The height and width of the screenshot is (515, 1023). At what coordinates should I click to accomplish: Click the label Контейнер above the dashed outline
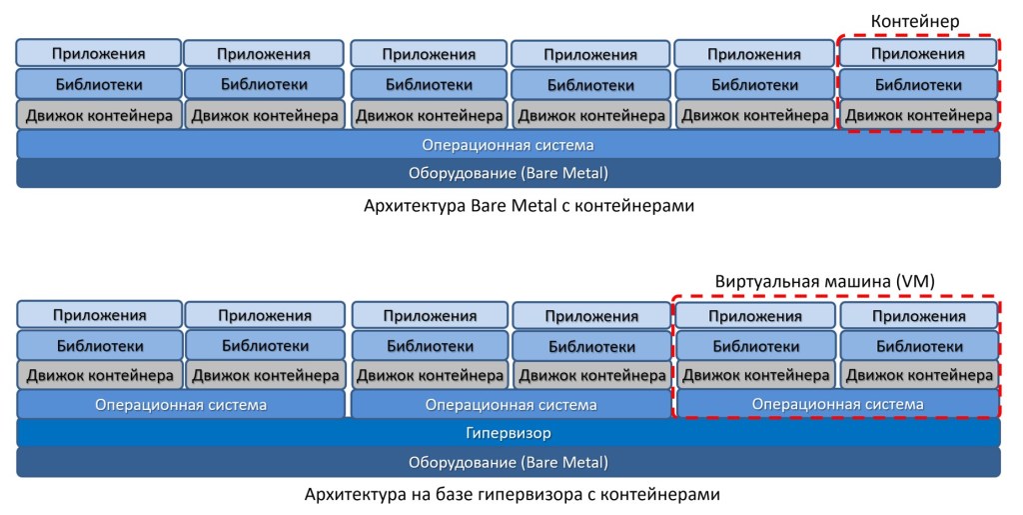pos(915,21)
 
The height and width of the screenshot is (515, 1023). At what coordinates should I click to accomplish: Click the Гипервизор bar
pos(508,433)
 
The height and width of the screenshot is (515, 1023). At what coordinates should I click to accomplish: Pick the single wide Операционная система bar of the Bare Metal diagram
pos(508,145)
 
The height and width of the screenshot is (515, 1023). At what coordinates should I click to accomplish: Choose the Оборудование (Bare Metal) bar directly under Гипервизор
pos(508,463)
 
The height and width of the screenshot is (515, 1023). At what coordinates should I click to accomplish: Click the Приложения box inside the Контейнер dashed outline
pos(918,53)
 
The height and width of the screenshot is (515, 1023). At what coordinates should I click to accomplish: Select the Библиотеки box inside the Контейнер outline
pos(918,84)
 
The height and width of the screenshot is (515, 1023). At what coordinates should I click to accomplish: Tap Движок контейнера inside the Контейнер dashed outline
pos(918,115)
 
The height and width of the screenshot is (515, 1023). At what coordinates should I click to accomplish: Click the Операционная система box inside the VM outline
pos(837,404)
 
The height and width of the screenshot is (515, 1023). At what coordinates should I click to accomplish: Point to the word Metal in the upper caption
pos(513,207)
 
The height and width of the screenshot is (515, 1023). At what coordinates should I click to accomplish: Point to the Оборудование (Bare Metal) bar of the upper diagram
pos(508,173)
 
